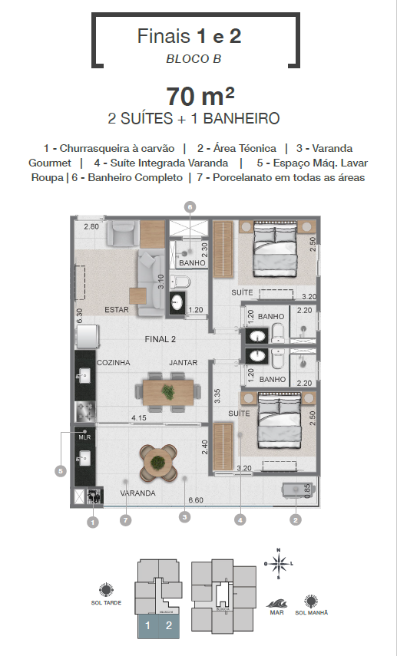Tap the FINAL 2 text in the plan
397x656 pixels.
[x=161, y=338]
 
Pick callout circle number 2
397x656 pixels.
[x=295, y=519]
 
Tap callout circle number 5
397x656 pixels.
[x=60, y=472]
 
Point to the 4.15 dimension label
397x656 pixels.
[x=139, y=418]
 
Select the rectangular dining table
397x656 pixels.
[x=168, y=391]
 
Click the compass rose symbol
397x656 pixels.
[x=280, y=565]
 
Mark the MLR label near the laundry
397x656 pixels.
[x=84, y=437]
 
